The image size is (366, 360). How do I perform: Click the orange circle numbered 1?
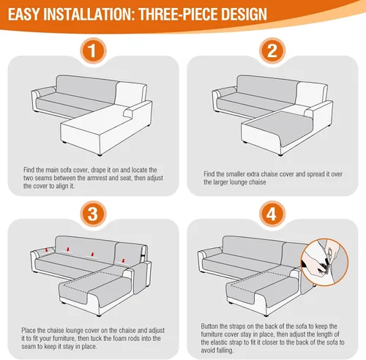[x=93, y=50]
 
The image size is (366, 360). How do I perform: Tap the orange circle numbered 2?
[x=272, y=50]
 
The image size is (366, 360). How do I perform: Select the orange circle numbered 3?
[x=93, y=214]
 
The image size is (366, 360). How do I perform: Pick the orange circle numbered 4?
[x=272, y=214]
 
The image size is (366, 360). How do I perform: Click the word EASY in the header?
[x=23, y=14]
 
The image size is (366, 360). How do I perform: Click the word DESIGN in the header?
[x=244, y=14]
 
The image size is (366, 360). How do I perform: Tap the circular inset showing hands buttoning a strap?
[x=324, y=262]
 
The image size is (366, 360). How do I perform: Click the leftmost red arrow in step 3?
[x=46, y=250]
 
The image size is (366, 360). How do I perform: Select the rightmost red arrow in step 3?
[x=123, y=260]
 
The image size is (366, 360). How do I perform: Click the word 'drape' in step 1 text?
[x=98, y=170]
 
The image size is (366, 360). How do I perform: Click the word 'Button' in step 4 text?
[x=209, y=326]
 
